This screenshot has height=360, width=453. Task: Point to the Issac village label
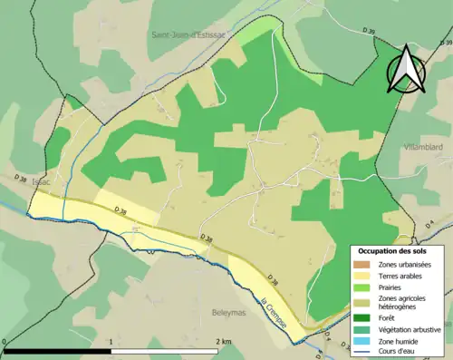42,181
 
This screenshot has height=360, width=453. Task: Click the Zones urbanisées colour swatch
363,263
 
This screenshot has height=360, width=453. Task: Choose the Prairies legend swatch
363,287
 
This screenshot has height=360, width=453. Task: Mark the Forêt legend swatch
363,318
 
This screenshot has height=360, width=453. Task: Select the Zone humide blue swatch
363,342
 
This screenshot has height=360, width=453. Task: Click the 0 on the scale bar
5,342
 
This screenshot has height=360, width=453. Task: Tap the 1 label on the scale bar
111,342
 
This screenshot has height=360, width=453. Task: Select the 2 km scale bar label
223,342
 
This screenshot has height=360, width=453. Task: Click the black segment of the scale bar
58,352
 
